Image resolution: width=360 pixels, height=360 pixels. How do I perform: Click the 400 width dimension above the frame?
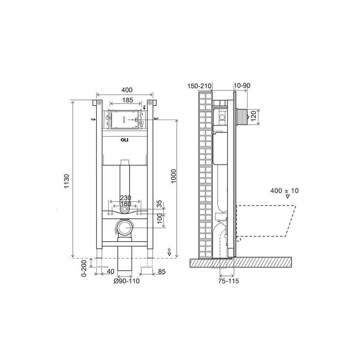click(x=127, y=90)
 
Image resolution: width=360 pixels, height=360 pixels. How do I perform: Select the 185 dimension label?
click(x=128, y=100)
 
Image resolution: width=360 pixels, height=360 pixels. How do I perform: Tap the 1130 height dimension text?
click(x=66, y=181)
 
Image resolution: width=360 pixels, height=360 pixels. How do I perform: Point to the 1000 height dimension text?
click(x=174, y=176)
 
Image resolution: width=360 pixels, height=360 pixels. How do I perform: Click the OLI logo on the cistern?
click(x=124, y=140)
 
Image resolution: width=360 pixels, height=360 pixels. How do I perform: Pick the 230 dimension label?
click(x=126, y=198)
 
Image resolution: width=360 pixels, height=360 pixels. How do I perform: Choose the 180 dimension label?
click(x=126, y=204)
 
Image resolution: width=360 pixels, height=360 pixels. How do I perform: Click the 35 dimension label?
click(x=159, y=204)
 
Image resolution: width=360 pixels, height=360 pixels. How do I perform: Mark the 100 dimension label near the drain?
click(x=159, y=218)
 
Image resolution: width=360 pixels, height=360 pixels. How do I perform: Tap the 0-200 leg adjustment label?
click(x=84, y=268)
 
